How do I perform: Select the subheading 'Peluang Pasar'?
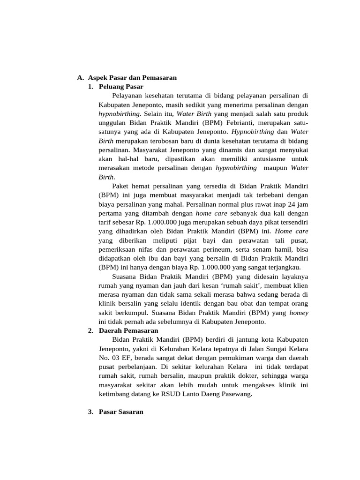click(121, 87)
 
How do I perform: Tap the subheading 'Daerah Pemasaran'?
click(128, 330)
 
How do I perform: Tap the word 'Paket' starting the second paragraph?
click(121, 186)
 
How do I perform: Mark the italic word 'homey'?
click(299, 312)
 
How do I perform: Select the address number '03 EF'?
click(118, 357)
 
